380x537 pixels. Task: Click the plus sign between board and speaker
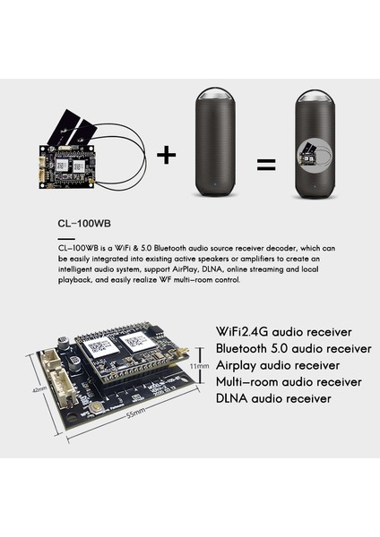coord(167,155)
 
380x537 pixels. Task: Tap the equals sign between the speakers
coord(266,164)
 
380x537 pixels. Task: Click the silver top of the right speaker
coord(316,97)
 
